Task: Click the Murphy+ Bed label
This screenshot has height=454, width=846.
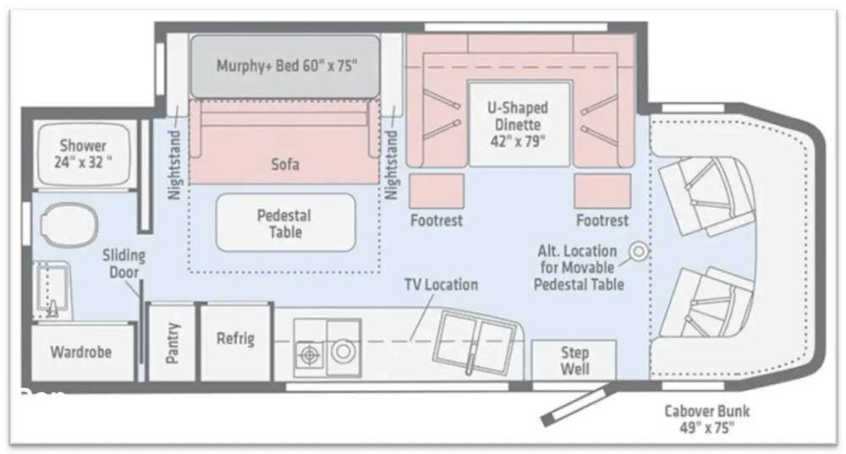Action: [287, 66]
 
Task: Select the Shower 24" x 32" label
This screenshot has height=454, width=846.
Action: [83, 154]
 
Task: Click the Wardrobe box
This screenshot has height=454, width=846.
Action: [81, 353]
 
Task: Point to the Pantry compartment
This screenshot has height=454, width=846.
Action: [171, 343]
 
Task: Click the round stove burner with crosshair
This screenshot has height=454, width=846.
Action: [309, 355]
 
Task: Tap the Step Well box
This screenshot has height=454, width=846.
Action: [574, 360]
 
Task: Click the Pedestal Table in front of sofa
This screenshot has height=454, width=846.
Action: [285, 223]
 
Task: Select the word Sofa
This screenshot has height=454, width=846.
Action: [285, 164]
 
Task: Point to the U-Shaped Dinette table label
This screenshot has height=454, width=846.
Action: [518, 124]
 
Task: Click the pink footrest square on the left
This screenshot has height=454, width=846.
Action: [437, 191]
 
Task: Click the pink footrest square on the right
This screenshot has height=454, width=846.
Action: [602, 191]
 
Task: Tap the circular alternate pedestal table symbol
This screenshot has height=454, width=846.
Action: [639, 251]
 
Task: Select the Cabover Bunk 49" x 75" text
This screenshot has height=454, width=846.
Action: [706, 419]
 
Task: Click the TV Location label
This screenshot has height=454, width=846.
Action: [442, 285]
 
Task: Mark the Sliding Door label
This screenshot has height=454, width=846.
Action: [124, 265]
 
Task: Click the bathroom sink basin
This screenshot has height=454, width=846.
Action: [52, 290]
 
